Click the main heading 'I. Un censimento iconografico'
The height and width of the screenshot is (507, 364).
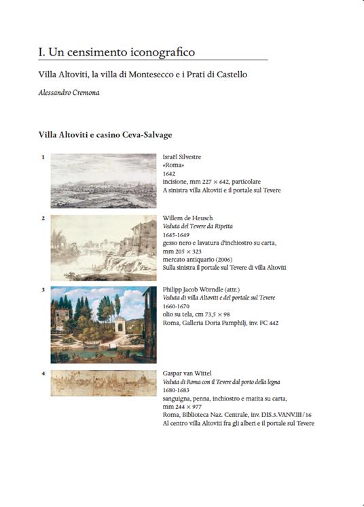coord(117,52)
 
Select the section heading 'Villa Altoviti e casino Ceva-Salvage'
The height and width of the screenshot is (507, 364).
coord(105,135)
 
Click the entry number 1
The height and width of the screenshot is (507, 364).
coord(43,158)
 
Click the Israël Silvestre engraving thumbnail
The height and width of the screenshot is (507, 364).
coord(103,180)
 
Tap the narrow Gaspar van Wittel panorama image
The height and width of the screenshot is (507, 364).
coord(103,383)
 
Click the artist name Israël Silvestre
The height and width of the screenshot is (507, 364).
coord(182,157)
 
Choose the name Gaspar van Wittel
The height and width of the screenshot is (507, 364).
coord(189,373)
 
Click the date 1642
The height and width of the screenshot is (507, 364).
coord(169,174)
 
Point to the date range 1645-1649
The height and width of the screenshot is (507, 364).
coord(177,235)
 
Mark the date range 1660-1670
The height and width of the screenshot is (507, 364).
coord(177,306)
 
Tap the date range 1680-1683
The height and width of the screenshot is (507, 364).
coord(177,390)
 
